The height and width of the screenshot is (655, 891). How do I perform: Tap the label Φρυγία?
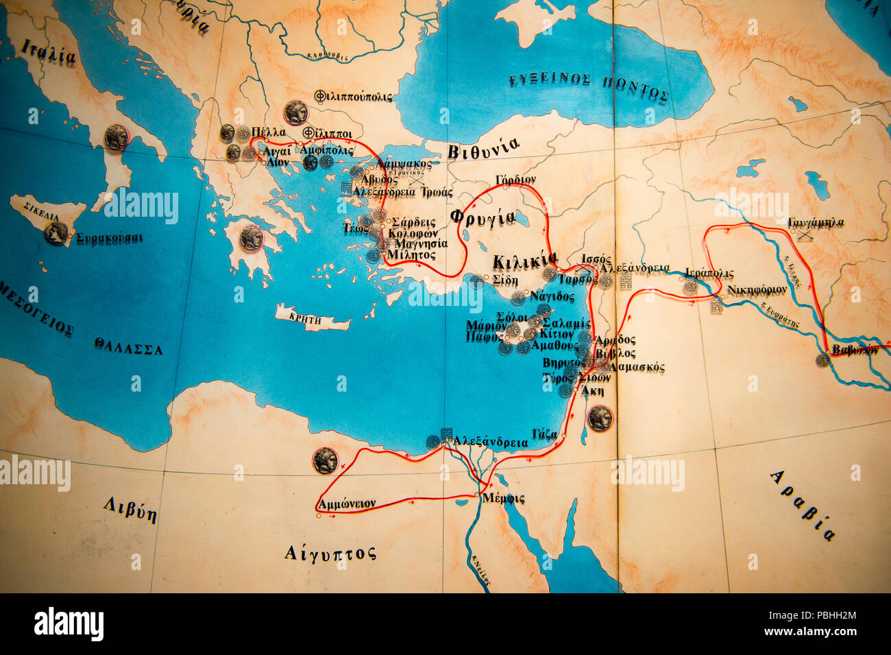point(483,217)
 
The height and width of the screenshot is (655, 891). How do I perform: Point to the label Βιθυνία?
point(483,148)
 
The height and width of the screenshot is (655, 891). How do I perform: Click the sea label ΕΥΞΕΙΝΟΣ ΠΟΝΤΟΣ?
point(588,87)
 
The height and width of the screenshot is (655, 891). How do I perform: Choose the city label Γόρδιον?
point(515,180)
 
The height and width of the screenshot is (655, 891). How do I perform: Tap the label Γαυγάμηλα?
point(816,222)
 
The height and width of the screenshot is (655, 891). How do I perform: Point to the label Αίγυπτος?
point(330,552)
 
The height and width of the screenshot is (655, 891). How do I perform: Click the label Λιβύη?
point(130,510)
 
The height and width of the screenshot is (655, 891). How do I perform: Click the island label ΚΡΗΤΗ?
point(305,317)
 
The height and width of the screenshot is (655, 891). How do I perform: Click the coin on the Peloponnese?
point(252,237)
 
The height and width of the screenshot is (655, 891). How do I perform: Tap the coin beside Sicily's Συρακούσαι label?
point(56,233)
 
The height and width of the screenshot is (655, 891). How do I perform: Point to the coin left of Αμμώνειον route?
point(325,460)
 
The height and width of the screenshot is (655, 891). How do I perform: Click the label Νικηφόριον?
point(757,289)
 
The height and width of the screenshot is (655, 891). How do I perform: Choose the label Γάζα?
point(545,433)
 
